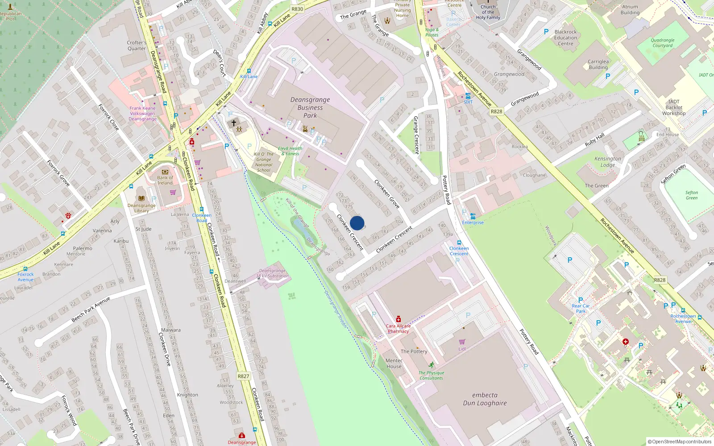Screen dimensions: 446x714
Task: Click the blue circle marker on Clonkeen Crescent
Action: click(x=357, y=223)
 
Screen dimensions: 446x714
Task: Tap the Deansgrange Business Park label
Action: click(x=310, y=107)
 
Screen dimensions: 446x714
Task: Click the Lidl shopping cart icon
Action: click(x=462, y=342)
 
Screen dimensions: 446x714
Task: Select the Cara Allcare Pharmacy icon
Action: click(x=398, y=319)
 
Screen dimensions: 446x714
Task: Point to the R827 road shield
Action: click(x=243, y=376)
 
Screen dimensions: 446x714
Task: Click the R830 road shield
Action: click(x=297, y=9)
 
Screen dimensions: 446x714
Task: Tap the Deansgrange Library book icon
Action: click(x=141, y=198)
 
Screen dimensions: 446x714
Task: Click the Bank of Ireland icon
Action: click(x=165, y=172)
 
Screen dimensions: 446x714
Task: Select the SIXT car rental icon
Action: click(x=468, y=96)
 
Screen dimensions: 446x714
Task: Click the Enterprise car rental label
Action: click(x=473, y=223)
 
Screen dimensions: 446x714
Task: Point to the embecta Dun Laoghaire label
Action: click(x=485, y=399)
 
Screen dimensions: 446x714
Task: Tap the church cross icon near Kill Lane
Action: click(x=233, y=123)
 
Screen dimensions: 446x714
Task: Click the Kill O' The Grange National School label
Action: click(x=264, y=162)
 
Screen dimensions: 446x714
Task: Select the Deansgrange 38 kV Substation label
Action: click(x=272, y=273)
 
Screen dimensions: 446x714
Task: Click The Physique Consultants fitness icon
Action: click(x=431, y=365)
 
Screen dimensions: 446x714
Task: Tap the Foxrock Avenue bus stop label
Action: click(x=25, y=277)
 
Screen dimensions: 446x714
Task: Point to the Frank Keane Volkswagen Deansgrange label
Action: click(x=143, y=113)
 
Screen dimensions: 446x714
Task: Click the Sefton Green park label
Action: click(x=692, y=195)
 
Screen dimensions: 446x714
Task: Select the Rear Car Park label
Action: click(x=581, y=308)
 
